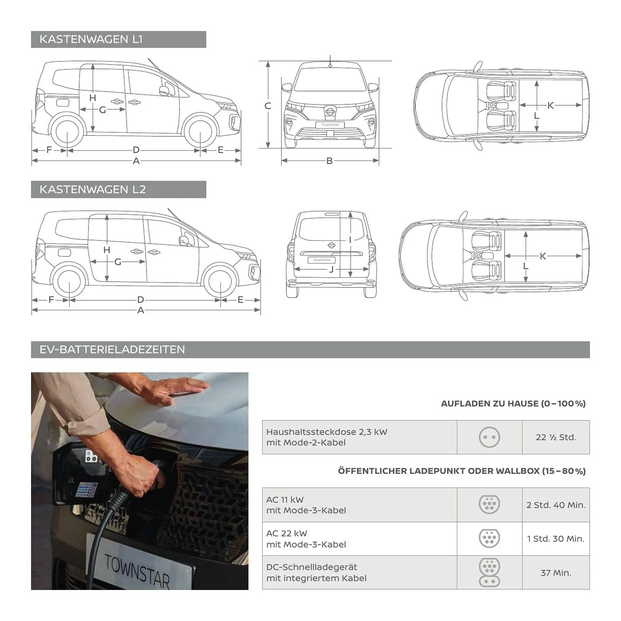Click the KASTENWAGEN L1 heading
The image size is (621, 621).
click(91, 39)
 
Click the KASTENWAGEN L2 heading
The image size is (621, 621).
click(93, 189)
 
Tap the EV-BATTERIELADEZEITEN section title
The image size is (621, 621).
click(112, 349)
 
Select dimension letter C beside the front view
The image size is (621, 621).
click(267, 106)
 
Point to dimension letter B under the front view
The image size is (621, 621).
click(329, 161)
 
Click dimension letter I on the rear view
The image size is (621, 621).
click(350, 240)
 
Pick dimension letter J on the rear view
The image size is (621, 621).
click(331, 270)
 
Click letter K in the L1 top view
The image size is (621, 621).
click(550, 105)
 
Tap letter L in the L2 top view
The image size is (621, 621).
click(526, 266)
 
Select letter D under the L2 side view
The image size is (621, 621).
click(140, 300)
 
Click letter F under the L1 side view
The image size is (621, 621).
click(49, 150)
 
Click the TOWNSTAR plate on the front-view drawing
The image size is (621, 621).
click(330, 125)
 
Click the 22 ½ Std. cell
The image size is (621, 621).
click(555, 437)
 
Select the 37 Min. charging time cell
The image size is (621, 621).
click(555, 573)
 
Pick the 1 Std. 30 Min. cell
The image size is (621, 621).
click(555, 539)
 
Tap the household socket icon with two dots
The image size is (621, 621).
click(489, 437)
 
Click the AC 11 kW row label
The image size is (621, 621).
click(306, 505)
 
